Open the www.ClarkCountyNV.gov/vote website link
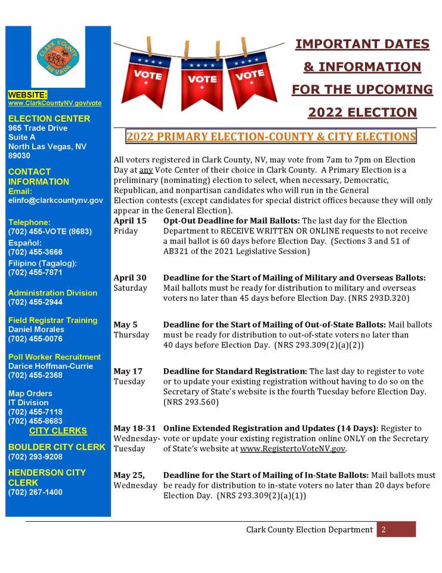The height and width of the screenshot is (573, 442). click(x=54, y=103)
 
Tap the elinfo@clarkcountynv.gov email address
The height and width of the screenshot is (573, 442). click(x=55, y=200)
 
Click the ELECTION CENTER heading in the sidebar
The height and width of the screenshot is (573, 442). click(x=49, y=118)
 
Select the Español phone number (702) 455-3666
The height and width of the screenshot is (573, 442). click(x=35, y=252)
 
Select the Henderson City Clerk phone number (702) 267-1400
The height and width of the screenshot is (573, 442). click(x=35, y=492)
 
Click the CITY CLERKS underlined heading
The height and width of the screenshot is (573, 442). click(x=58, y=430)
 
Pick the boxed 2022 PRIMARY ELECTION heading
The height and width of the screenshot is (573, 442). click(x=271, y=137)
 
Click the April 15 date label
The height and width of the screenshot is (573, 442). click(x=129, y=221)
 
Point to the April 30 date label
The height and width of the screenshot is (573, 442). click(x=129, y=278)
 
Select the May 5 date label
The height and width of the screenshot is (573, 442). click(x=125, y=325)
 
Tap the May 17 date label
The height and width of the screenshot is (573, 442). click(x=128, y=371)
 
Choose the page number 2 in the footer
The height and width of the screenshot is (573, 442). click(x=384, y=529)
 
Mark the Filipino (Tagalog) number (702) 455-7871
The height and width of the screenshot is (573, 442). click(x=35, y=272)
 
